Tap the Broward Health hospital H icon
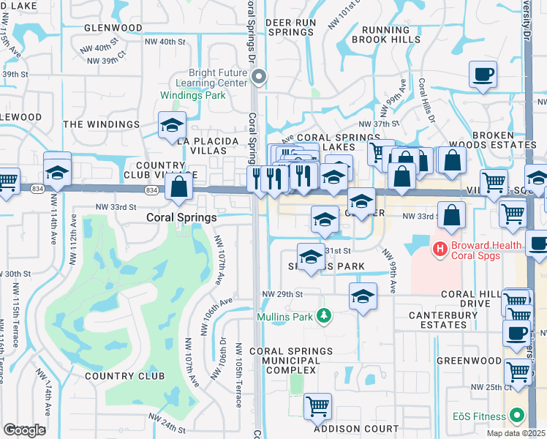(440, 249)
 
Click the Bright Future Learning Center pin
(258, 76)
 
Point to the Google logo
(24, 430)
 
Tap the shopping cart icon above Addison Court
(317, 406)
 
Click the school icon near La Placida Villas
(172, 125)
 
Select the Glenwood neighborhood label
(113, 28)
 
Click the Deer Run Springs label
(290, 28)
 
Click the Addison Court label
(356, 429)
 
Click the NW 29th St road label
(282, 294)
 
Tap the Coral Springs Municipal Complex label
(284, 361)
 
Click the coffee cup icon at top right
(483, 75)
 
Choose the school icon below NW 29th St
(363, 296)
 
